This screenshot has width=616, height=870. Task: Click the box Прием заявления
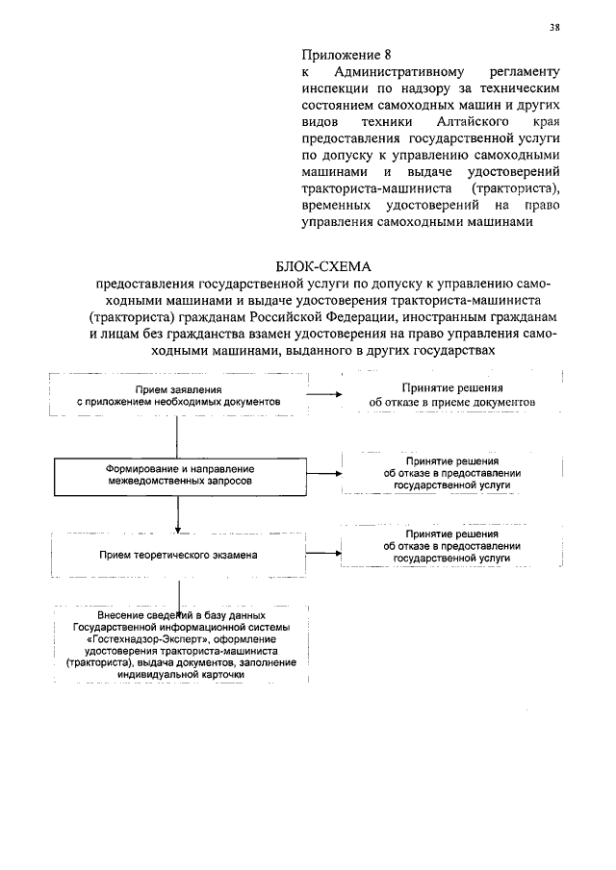click(x=179, y=395)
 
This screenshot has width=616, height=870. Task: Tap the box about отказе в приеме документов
click(x=449, y=394)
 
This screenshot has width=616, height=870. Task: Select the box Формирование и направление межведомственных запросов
click(x=179, y=473)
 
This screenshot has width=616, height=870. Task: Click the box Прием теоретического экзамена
click(x=179, y=555)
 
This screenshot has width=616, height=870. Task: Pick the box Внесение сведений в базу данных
click(x=181, y=644)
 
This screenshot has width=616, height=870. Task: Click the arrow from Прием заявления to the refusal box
click(x=324, y=394)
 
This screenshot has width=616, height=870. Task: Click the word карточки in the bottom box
click(x=218, y=675)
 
